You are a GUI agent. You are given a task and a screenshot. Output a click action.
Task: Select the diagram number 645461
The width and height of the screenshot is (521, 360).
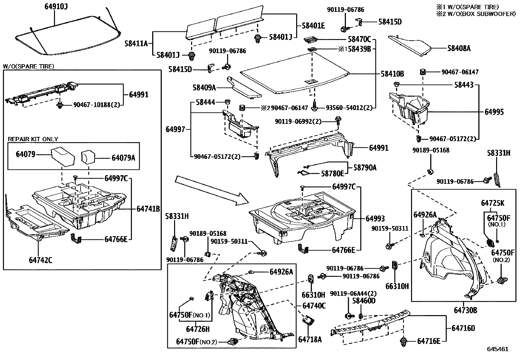498,349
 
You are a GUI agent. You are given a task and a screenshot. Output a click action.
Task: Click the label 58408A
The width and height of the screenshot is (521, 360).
459,48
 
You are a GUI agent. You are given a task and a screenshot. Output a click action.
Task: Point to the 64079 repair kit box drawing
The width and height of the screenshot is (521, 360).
63,157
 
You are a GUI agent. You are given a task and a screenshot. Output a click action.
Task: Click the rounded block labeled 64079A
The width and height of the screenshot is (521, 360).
87,157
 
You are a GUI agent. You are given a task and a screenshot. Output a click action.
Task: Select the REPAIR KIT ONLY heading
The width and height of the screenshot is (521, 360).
33,139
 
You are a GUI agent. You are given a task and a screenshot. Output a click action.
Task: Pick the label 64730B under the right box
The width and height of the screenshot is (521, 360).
465,310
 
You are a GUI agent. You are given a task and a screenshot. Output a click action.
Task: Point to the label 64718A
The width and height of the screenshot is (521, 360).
310,340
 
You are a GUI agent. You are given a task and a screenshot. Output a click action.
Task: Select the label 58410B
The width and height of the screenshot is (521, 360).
392,74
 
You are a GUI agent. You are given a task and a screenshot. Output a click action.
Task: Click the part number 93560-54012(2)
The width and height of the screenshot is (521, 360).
349,108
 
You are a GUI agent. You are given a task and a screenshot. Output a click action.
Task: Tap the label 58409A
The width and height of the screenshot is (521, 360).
204,87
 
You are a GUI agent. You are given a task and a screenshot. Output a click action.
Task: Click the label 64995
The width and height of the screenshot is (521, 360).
494,112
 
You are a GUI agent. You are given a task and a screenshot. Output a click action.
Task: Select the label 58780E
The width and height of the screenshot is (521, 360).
332,173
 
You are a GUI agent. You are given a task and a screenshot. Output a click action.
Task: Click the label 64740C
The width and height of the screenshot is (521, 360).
314,306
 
